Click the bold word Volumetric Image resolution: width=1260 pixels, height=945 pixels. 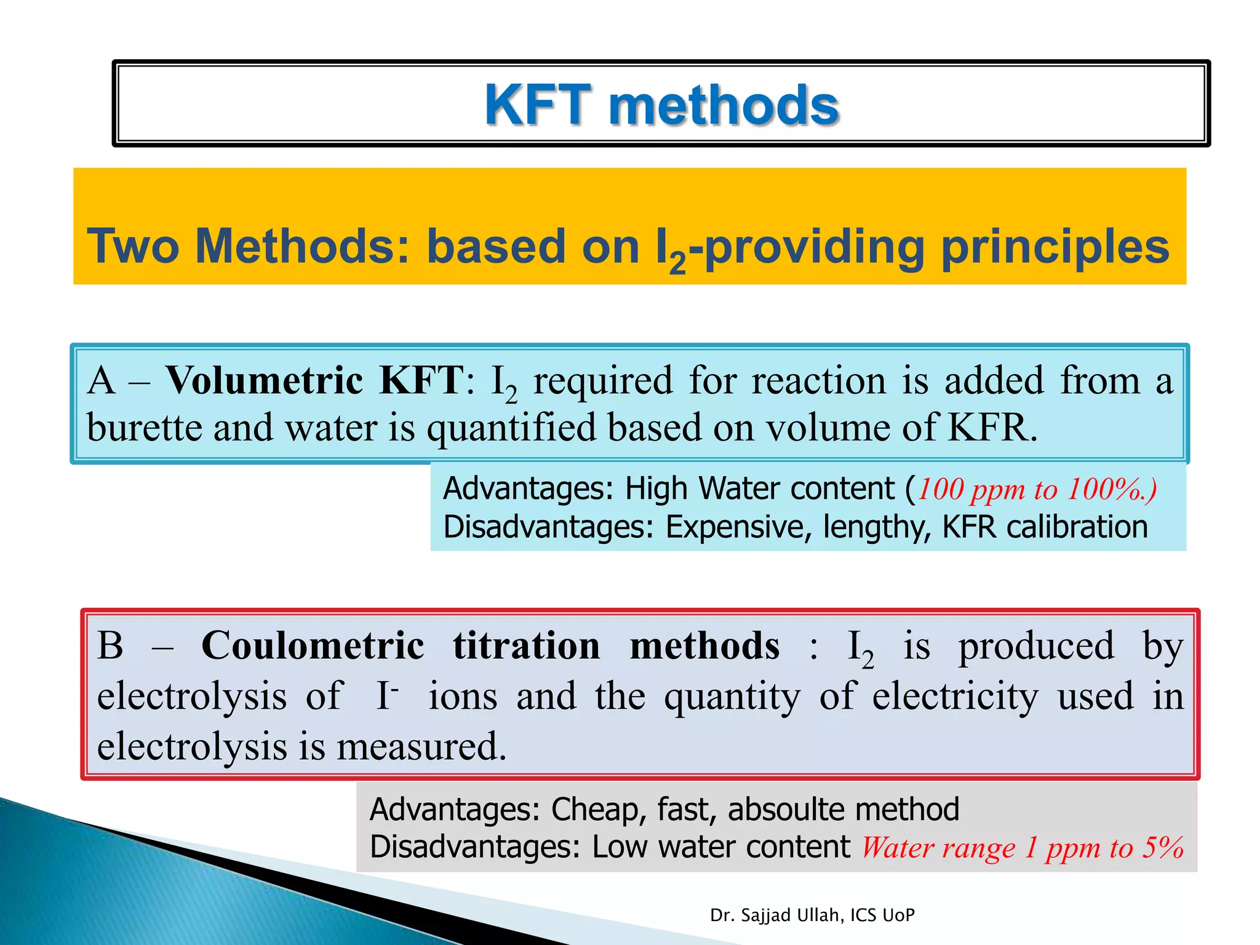pos(264,380)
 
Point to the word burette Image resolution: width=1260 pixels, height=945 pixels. pos(145,427)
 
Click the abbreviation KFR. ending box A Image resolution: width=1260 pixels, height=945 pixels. pos(992,427)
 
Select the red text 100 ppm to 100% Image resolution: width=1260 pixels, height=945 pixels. pos(1037,490)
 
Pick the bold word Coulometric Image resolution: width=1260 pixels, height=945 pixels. pos(313,645)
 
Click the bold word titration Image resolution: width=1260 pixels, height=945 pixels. pos(527,645)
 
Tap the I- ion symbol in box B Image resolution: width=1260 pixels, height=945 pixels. pos(386,696)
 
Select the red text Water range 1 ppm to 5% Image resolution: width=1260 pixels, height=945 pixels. pos(1022,848)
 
